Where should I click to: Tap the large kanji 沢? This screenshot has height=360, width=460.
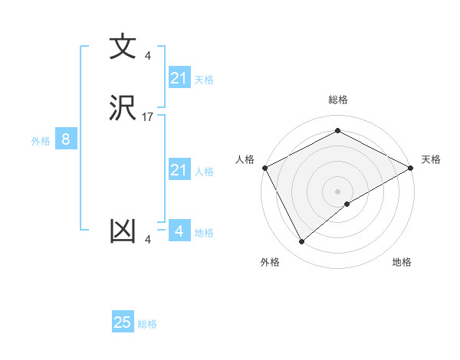[x=123, y=108]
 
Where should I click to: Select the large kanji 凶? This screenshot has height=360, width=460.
[x=123, y=231]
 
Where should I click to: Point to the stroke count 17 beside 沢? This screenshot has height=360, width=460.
[x=148, y=117]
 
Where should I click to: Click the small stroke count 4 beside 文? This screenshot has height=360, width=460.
[x=148, y=56]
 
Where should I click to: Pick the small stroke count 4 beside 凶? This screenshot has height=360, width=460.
[x=148, y=241]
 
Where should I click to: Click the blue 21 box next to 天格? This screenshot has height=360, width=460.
[x=179, y=77]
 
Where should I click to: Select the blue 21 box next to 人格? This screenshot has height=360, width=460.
[x=179, y=170]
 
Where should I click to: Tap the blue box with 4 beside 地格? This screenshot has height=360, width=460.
[x=179, y=231]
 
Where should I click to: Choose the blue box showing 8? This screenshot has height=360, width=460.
[x=66, y=139]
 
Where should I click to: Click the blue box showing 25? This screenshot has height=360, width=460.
[x=123, y=322]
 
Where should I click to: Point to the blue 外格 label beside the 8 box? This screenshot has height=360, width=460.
[x=41, y=141]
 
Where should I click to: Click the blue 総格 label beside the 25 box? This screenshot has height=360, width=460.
[x=147, y=324]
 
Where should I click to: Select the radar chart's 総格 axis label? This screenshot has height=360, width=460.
[x=337, y=100]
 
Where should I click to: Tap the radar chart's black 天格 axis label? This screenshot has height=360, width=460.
[x=431, y=159]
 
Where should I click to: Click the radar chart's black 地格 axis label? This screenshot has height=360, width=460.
[x=402, y=263]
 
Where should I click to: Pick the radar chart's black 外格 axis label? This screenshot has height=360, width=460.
[x=270, y=263]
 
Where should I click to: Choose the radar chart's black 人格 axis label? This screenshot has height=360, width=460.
[x=245, y=159]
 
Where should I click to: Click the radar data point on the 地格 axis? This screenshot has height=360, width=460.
[x=347, y=204]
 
